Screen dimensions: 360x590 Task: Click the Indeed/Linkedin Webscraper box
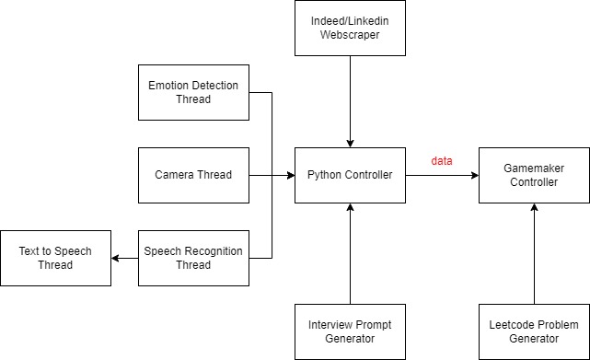pyautogui.click(x=350, y=28)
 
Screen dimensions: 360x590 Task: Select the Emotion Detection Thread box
pyautogui.click(x=193, y=92)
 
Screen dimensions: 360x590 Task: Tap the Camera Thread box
pyautogui.click(x=193, y=175)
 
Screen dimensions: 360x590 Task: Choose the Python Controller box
pyautogui.click(x=350, y=175)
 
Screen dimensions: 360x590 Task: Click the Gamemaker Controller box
pyautogui.click(x=534, y=175)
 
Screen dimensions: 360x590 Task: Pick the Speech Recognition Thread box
pyautogui.click(x=193, y=258)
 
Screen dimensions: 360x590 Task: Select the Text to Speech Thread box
pyautogui.click(x=55, y=258)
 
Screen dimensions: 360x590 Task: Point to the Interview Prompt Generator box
pyautogui.click(x=350, y=331)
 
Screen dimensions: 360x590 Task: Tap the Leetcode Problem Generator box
pyautogui.click(x=534, y=331)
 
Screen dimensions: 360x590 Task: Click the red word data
pyautogui.click(x=441, y=161)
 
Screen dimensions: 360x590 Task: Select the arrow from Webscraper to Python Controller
pyautogui.click(x=350, y=101)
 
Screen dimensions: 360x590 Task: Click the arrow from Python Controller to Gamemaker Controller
pyautogui.click(x=442, y=175)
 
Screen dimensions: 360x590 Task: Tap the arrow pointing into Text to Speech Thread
pyautogui.click(x=124, y=258)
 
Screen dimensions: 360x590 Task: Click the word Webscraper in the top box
pyautogui.click(x=350, y=35)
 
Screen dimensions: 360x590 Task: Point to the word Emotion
pyautogui.click(x=169, y=86)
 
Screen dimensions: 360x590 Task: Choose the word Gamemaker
pyautogui.click(x=534, y=168)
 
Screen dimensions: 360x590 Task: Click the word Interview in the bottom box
pyautogui.click(x=331, y=325)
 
